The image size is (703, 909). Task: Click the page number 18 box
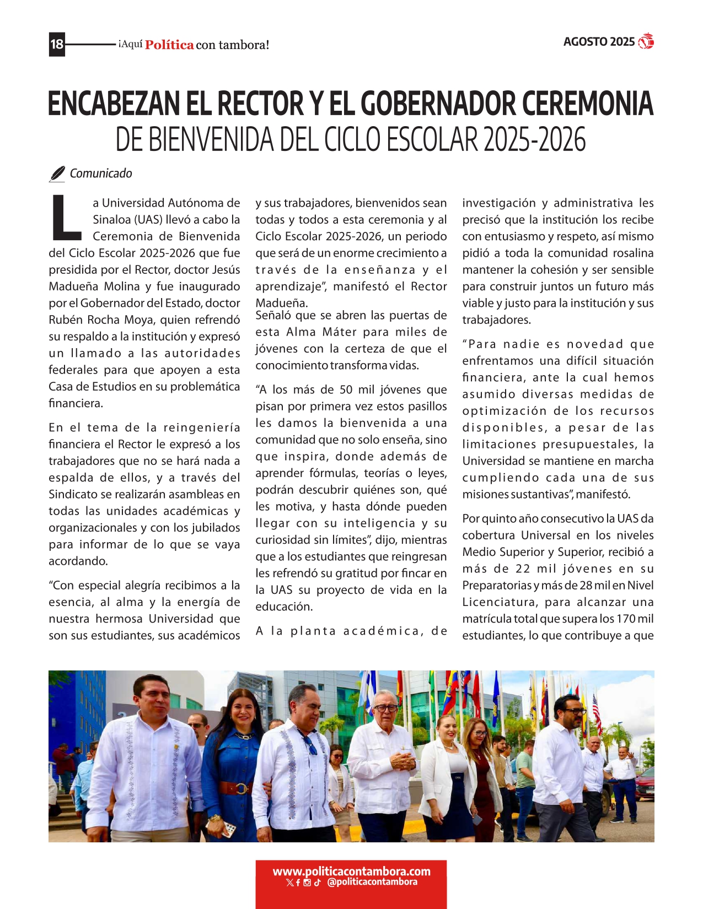(x=57, y=44)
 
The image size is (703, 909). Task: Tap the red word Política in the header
(x=169, y=45)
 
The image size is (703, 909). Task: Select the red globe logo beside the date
(x=646, y=42)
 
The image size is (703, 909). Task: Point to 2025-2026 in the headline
(x=534, y=140)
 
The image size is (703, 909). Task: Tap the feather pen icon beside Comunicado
(x=57, y=174)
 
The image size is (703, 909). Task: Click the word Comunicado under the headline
(x=101, y=174)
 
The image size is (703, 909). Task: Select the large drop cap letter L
(x=66, y=218)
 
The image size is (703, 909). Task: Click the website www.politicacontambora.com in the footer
(x=351, y=872)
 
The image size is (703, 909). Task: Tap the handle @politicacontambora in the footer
(x=372, y=882)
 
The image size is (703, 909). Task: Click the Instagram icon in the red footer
(x=307, y=883)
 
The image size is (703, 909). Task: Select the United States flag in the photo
(x=597, y=714)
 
